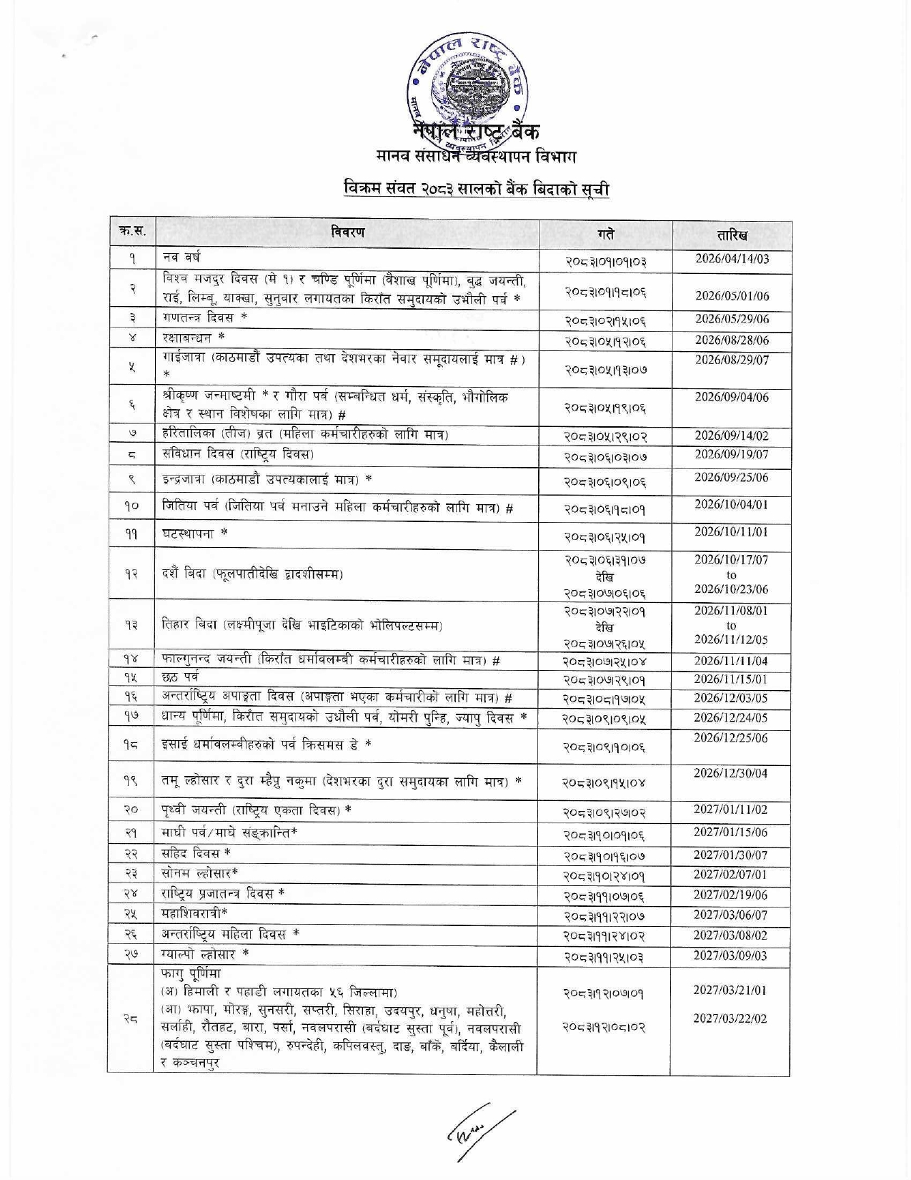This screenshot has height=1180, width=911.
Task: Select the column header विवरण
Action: (347, 232)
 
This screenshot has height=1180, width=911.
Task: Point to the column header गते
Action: (605, 235)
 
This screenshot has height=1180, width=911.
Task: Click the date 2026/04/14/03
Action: (732, 259)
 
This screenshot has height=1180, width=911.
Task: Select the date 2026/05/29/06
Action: (732, 319)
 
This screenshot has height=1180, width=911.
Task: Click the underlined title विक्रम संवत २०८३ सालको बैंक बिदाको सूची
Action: (476, 190)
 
